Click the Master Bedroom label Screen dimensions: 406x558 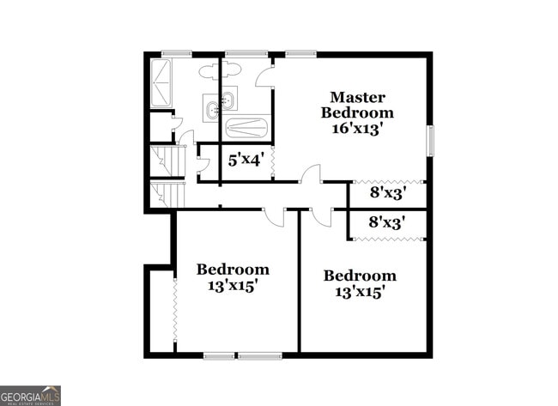tap(357, 105)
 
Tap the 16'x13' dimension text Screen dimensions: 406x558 tap(357, 129)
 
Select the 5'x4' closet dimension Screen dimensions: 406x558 tap(244, 159)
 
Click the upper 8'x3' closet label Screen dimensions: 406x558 tap(386, 194)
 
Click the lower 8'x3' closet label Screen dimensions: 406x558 tap(386, 221)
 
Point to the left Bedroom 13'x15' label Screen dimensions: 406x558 tap(233, 276)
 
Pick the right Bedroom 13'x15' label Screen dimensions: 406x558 tap(360, 282)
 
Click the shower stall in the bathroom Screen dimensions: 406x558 tap(163, 84)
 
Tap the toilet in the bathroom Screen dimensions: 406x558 tap(210, 72)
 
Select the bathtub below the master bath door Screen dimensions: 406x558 tap(246, 128)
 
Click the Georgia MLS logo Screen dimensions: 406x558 tap(30, 395)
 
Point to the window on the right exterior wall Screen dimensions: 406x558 tap(430, 141)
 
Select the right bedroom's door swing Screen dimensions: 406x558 tap(321, 217)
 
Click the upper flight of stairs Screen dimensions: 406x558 tap(168, 161)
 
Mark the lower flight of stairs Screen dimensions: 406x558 tap(168, 193)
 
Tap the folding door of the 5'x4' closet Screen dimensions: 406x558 tap(272, 159)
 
